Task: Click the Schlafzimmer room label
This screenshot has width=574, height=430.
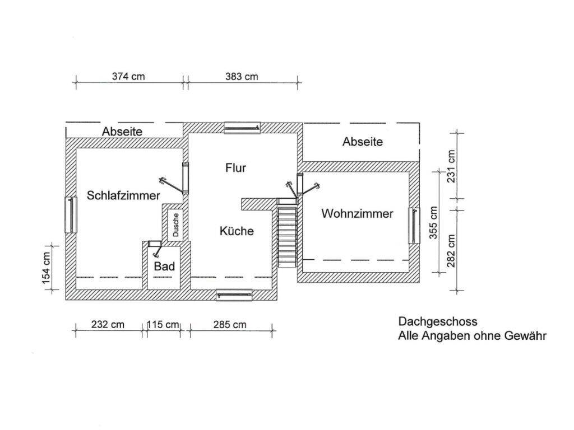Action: pyautogui.click(x=123, y=195)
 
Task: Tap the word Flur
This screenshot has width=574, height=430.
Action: pyautogui.click(x=236, y=167)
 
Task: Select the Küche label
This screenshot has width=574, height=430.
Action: pyautogui.click(x=237, y=231)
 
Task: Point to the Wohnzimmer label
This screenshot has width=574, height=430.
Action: pyautogui.click(x=358, y=213)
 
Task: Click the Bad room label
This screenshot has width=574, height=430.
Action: pyautogui.click(x=164, y=267)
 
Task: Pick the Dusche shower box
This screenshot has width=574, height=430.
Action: pyautogui.click(x=175, y=225)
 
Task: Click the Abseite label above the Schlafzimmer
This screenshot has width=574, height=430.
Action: pyautogui.click(x=122, y=132)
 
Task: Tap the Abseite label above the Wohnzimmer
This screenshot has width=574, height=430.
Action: pyautogui.click(x=363, y=142)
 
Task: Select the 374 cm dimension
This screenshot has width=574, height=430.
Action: pyautogui.click(x=128, y=77)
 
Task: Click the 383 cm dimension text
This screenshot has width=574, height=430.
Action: pyautogui.click(x=242, y=77)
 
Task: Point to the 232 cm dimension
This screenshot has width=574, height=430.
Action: pyautogui.click(x=108, y=324)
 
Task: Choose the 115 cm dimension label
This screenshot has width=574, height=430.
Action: pyautogui.click(x=163, y=324)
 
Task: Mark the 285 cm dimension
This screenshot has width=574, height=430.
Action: pyautogui.click(x=229, y=324)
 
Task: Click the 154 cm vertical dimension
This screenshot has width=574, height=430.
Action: pyautogui.click(x=47, y=267)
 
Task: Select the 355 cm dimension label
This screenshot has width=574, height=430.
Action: pyautogui.click(x=433, y=222)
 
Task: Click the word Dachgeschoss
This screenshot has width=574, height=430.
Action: pyautogui.click(x=438, y=321)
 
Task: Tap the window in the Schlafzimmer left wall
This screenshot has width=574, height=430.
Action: pyautogui.click(x=72, y=214)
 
